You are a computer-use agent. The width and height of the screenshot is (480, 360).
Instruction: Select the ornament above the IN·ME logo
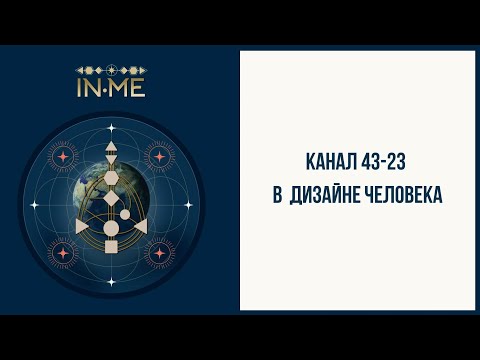[111, 70]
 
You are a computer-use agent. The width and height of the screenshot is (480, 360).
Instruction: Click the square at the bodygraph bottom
[110, 246]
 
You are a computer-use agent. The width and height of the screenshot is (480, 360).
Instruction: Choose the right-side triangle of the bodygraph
[139, 226]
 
